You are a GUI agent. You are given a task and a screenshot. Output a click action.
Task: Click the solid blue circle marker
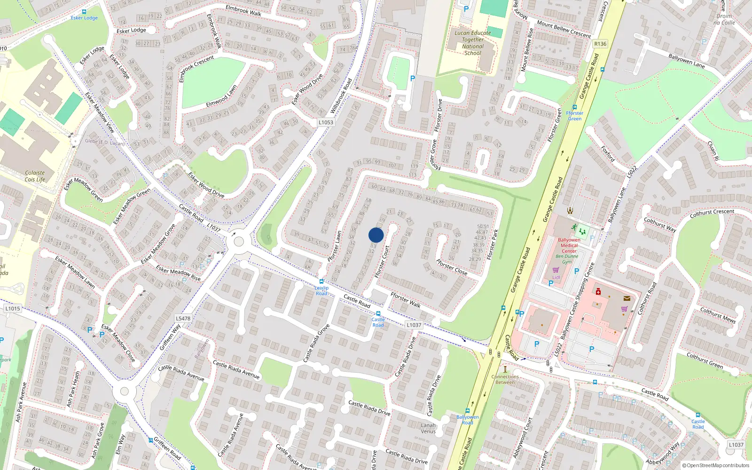[376, 235]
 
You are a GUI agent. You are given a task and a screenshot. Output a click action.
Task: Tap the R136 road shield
[600, 44]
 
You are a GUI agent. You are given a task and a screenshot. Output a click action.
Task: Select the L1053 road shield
[326, 122]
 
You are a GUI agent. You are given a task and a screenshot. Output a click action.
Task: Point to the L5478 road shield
[183, 318]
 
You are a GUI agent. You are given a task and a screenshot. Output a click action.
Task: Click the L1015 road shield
[13, 309]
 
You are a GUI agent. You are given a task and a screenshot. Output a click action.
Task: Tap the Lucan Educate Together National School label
[472, 43]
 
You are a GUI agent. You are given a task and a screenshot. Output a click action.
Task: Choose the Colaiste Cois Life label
[35, 176]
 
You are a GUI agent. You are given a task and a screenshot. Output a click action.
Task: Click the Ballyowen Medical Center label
[569, 245]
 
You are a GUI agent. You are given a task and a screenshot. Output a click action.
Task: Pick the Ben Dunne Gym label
[567, 259]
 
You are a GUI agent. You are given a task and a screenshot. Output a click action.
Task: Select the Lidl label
[556, 277]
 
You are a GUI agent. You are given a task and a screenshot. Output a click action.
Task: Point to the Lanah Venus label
[428, 428]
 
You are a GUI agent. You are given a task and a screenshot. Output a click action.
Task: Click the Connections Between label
[505, 379]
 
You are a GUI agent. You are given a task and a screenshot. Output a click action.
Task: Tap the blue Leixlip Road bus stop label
[321, 290]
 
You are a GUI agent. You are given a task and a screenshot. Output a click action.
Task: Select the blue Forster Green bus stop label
[574, 116]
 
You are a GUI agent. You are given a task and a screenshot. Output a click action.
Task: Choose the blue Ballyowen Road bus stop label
[467, 419]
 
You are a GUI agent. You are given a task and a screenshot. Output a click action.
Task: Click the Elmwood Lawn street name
[221, 96]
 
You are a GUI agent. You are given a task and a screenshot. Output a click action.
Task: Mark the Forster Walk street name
[406, 299]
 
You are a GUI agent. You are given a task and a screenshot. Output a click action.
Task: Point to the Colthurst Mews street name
[718, 314]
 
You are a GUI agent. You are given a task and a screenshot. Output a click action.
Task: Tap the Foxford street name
[608, 154]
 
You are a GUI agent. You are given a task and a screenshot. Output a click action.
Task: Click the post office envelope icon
[627, 298]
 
